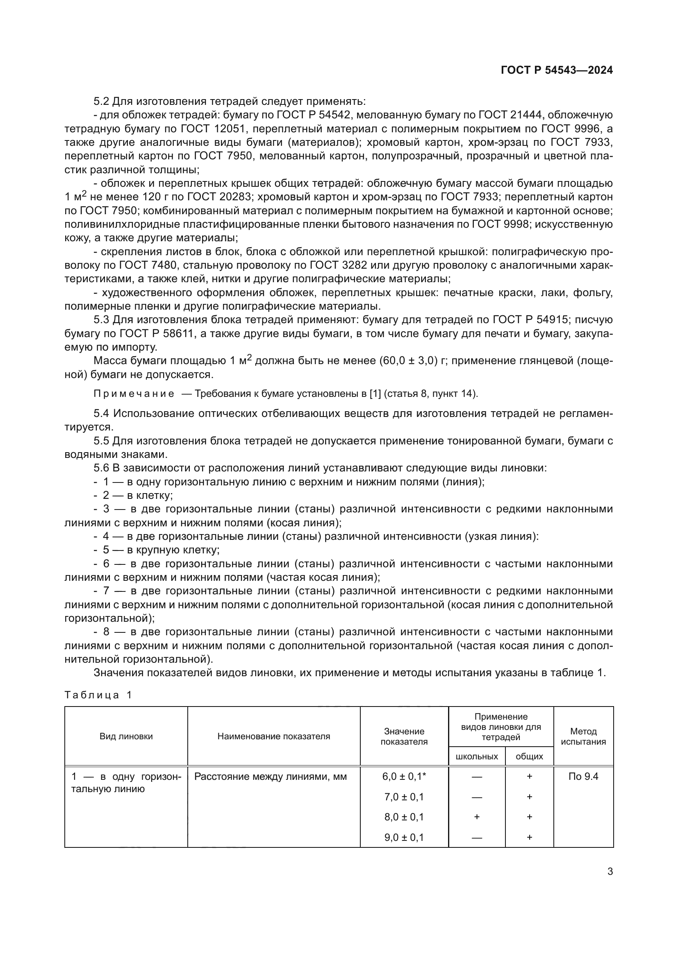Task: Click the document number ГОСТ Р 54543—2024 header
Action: [557, 70]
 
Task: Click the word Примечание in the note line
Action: [134, 394]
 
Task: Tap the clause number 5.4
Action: [101, 414]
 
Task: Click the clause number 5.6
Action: [101, 468]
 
